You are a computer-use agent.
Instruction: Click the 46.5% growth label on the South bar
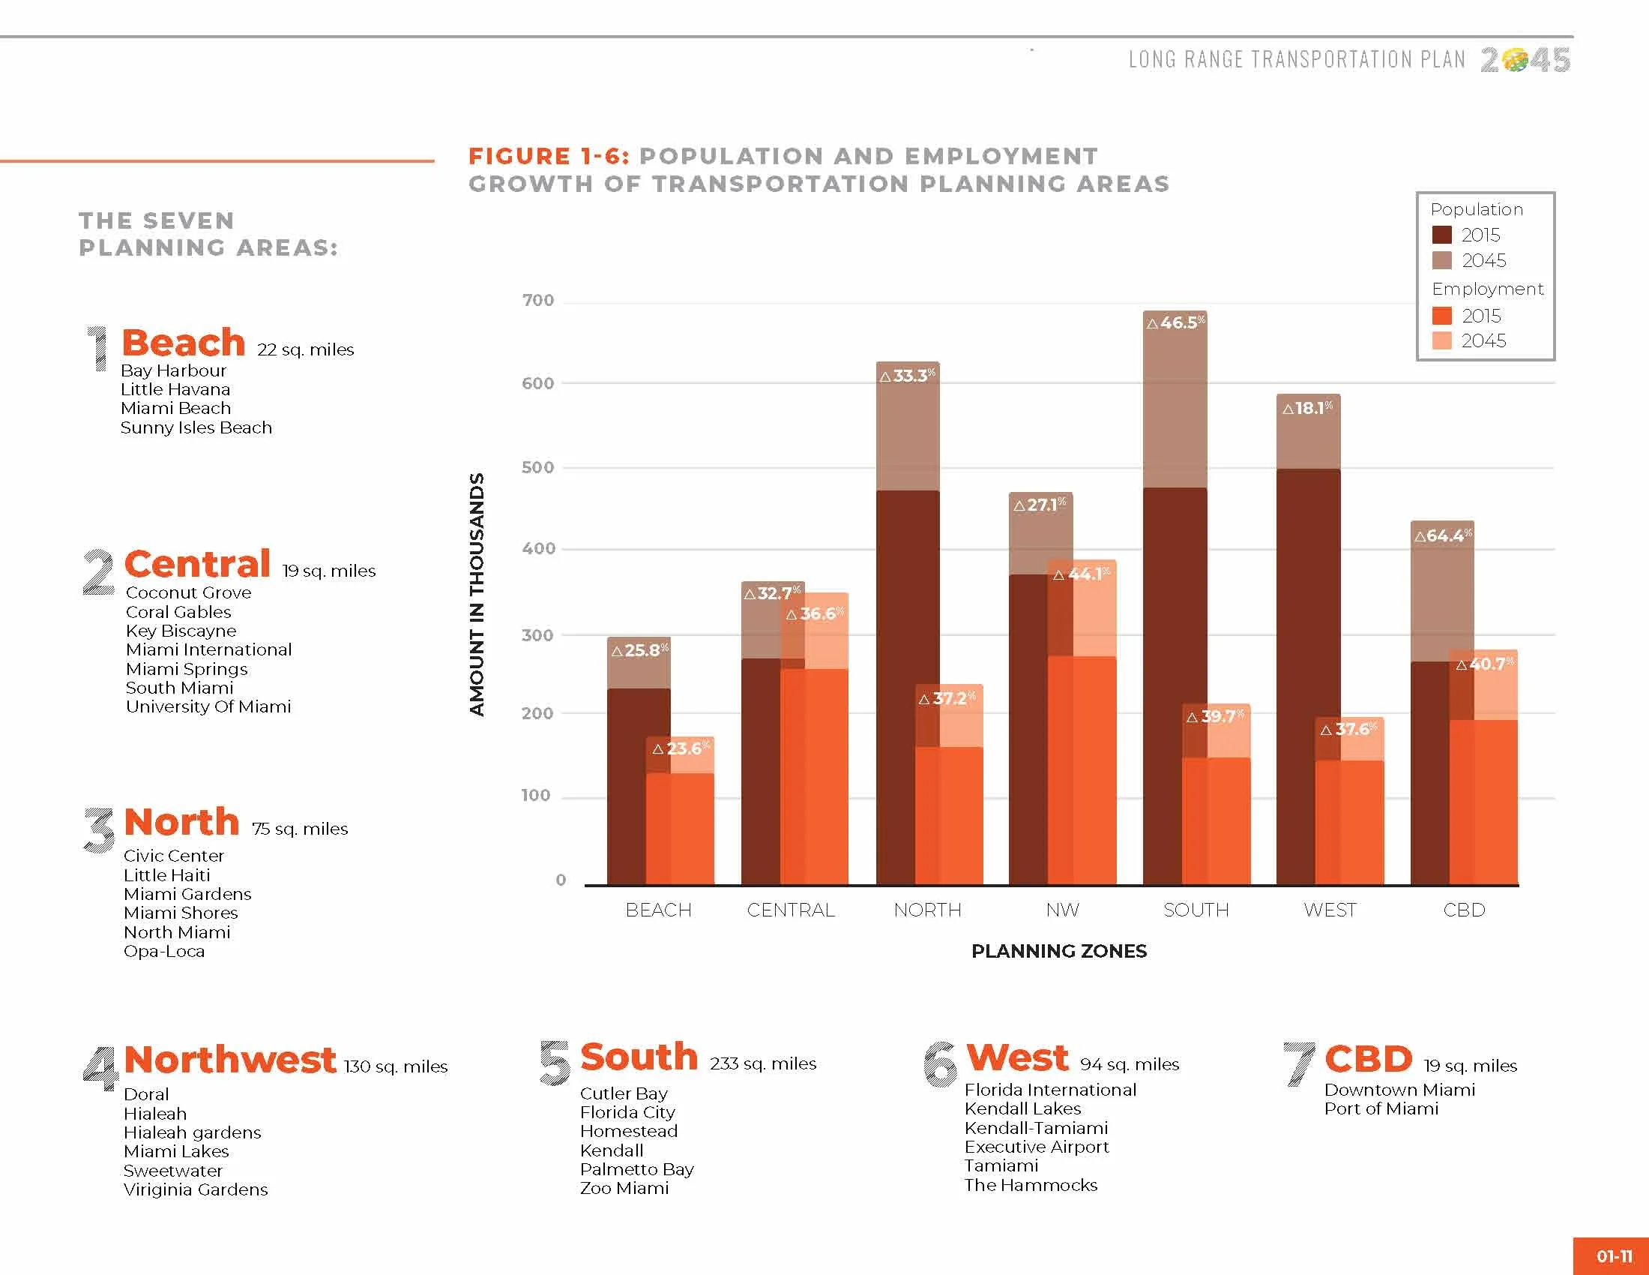pyautogui.click(x=1175, y=322)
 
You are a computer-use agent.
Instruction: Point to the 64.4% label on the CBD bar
pyautogui.click(x=1443, y=535)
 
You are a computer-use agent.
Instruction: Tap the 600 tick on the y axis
pyautogui.click(x=537, y=383)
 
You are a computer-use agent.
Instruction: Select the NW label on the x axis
pyautogui.click(x=1062, y=910)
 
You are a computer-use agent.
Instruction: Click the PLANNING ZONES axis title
pyautogui.click(x=1058, y=951)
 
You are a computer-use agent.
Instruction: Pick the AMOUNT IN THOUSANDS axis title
pyautogui.click(x=477, y=595)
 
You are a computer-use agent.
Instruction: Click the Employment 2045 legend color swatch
pyautogui.click(x=1441, y=340)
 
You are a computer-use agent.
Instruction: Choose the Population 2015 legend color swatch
pyautogui.click(x=1441, y=235)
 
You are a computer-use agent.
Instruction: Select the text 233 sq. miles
pyautogui.click(x=762, y=1063)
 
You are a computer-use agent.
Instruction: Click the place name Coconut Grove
pyautogui.click(x=188, y=592)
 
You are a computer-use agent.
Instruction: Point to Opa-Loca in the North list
pyautogui.click(x=164, y=951)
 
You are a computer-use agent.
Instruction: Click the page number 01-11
pyautogui.click(x=1615, y=1256)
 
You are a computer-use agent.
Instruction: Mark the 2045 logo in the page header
pyautogui.click(x=1525, y=60)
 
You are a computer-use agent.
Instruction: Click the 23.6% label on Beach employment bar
pyautogui.click(x=681, y=748)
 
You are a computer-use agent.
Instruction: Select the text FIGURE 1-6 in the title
pyautogui.click(x=549, y=156)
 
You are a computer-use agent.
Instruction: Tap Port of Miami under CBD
pyautogui.click(x=1381, y=1108)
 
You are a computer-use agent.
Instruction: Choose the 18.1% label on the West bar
pyautogui.click(x=1308, y=408)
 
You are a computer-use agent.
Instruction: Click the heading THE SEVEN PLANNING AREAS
pyautogui.click(x=208, y=234)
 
